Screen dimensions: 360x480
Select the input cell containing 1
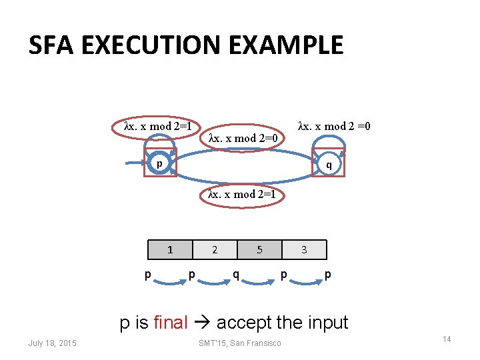point(170,250)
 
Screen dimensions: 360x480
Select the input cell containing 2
point(215,250)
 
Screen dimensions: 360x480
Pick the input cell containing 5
point(259,250)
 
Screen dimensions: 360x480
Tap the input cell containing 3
point(304,250)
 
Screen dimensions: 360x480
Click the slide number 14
point(447,339)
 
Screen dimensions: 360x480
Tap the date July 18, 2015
point(53,343)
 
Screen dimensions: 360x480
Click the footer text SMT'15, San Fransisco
point(240,343)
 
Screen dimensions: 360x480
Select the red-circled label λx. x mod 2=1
point(159,126)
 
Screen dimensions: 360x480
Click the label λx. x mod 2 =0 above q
point(334,126)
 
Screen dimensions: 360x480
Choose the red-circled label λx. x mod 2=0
point(243,138)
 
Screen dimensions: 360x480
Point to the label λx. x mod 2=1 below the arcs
point(242,194)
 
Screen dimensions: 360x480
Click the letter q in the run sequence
point(236,273)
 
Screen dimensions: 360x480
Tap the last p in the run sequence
point(327,273)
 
